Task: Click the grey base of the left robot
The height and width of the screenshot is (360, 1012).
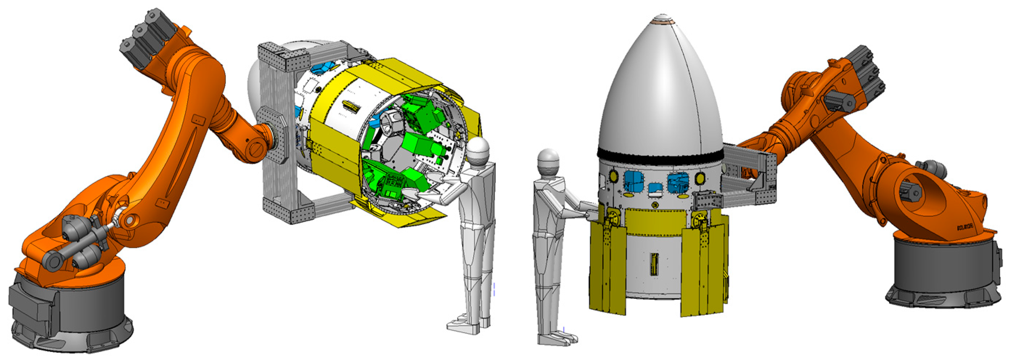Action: [x=71, y=314]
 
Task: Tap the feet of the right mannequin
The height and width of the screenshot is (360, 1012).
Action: [x=558, y=338]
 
